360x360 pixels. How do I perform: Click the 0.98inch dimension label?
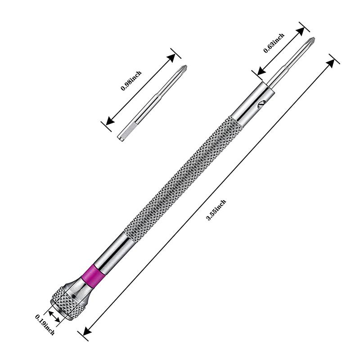point(131,81)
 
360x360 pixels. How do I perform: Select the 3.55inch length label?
point(216,210)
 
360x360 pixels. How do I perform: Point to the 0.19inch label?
point(45,324)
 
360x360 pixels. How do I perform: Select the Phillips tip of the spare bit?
point(183,70)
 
